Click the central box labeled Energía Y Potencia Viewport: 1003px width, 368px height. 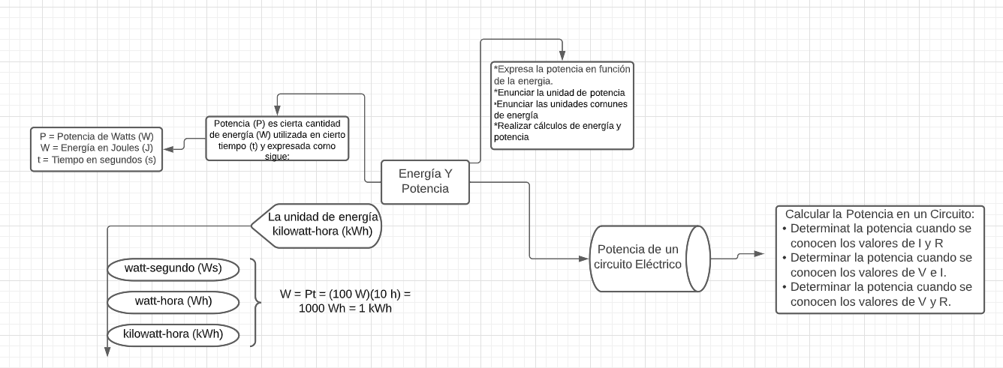425,181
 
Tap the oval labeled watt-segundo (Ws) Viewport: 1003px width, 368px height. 173,268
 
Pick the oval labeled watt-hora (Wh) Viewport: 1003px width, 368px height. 173,301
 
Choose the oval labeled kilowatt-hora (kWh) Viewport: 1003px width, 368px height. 173,333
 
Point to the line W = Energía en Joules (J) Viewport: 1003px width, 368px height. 96,148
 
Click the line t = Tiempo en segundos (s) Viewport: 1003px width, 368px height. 96,160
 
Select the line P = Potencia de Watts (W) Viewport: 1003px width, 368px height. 96,137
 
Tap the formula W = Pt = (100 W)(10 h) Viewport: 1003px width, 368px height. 345,295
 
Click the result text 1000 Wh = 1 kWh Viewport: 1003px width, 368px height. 345,308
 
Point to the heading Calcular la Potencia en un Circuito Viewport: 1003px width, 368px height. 879,213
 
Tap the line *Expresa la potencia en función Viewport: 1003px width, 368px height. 562,69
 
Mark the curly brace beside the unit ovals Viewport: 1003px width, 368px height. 255,302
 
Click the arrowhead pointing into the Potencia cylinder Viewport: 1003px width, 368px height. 586,259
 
